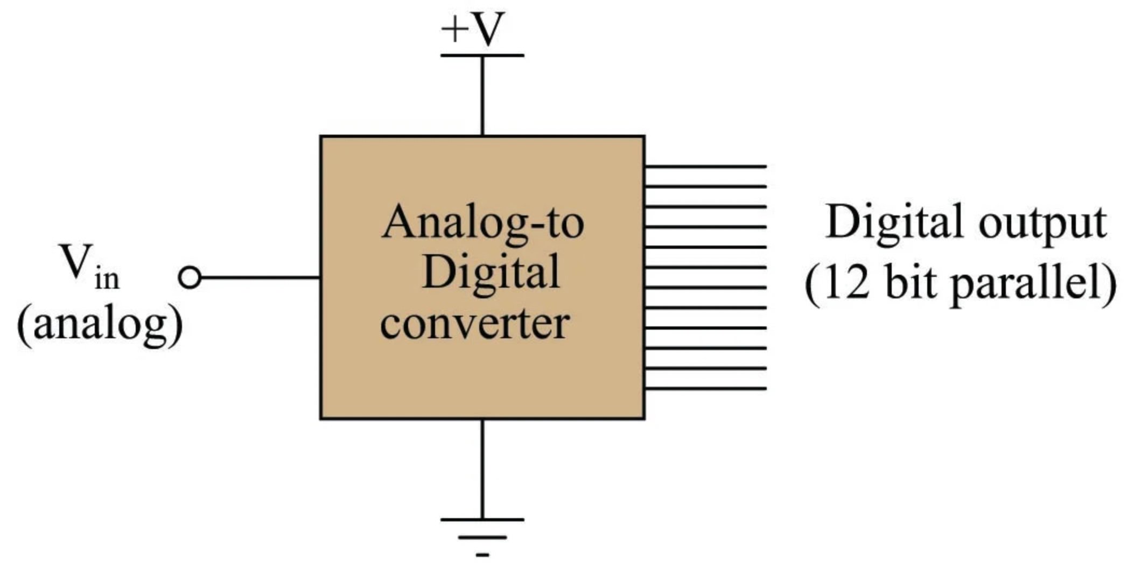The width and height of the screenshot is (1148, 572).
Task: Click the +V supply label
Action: pos(473,29)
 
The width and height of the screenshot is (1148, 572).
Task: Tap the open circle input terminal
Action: pos(190,278)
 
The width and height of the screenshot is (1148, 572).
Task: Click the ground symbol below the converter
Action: pos(482,535)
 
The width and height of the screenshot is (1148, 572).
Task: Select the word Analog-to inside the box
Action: pos(482,223)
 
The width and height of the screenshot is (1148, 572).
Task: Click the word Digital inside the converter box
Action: pos(491,273)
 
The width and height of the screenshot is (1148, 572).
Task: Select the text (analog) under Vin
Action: pos(100,325)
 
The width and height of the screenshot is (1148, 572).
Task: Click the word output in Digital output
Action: pos(1042,223)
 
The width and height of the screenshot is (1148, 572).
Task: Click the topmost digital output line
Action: pos(705,166)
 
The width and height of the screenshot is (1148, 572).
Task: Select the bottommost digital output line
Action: pos(705,388)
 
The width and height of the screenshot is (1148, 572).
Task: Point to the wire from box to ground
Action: pos(482,469)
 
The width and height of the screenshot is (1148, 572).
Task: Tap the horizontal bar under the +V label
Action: pos(482,55)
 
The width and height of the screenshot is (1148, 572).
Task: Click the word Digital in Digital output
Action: pos(894,222)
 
